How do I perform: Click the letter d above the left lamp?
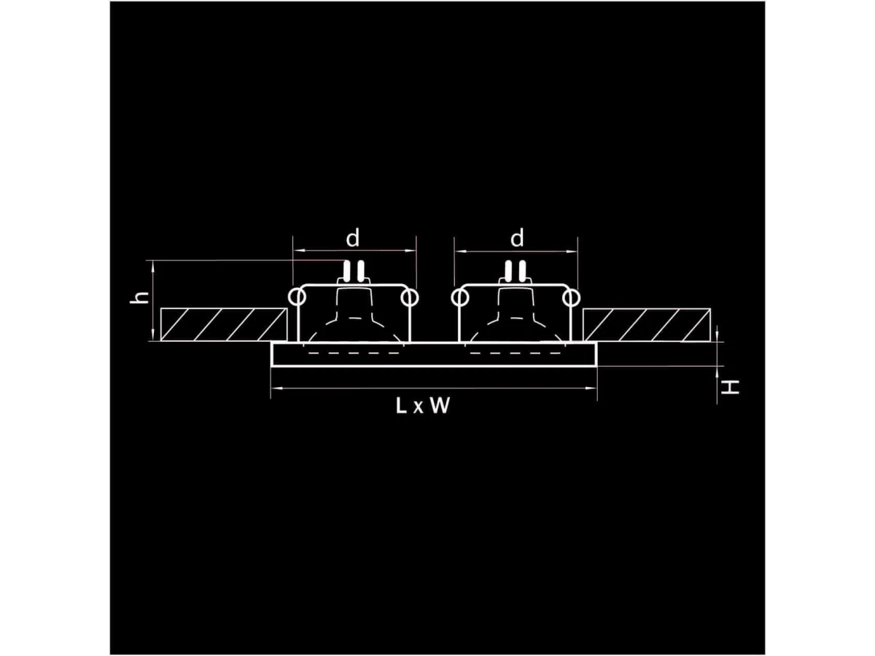353,238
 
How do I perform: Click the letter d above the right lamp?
517,238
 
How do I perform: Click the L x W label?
423,407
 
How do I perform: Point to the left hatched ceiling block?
223,324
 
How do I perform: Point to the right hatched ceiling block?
647,324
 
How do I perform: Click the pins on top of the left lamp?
354,271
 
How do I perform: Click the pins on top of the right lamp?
517,271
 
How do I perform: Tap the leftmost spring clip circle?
297,297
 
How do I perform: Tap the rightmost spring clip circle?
572,297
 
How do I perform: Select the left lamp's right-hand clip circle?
410,297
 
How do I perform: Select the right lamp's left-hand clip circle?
460,297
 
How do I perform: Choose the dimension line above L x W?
434,390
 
